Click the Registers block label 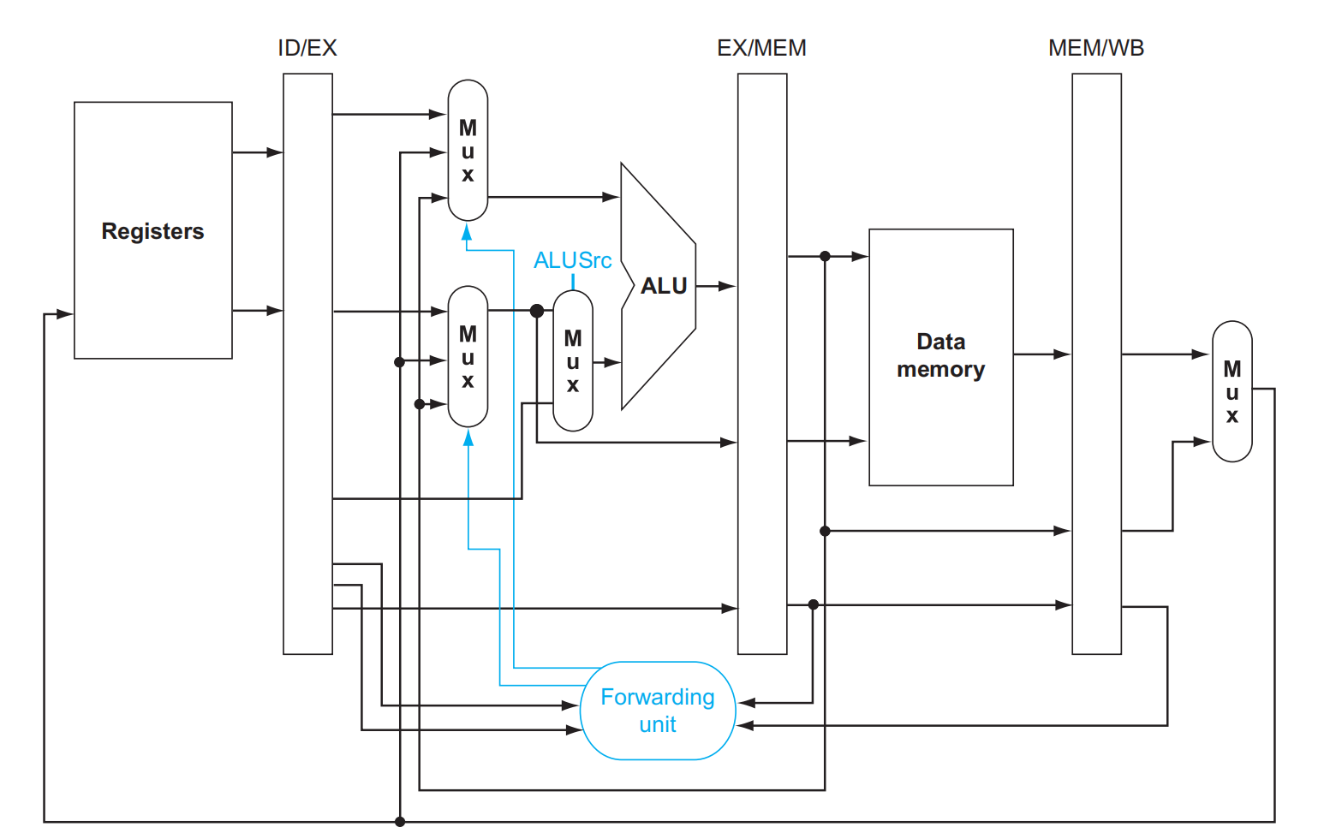click(x=152, y=231)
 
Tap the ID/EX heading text click(x=307, y=48)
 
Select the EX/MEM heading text click(x=761, y=48)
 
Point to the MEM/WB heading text click(x=1096, y=48)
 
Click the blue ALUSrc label click(x=573, y=260)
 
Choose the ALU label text click(x=664, y=286)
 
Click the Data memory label click(x=941, y=355)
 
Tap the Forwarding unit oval click(x=658, y=711)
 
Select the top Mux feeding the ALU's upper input click(x=468, y=151)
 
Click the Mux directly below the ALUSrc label click(x=573, y=360)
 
